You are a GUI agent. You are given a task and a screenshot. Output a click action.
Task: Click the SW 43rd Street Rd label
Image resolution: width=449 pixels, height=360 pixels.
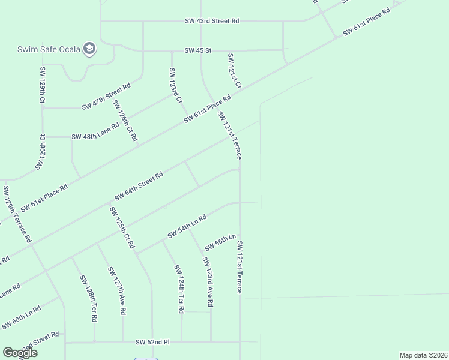tap(212, 21)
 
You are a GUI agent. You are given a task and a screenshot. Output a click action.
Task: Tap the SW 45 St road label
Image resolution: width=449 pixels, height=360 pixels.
tap(198, 50)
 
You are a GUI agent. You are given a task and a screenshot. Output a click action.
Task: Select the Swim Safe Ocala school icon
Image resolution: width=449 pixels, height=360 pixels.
tap(89, 49)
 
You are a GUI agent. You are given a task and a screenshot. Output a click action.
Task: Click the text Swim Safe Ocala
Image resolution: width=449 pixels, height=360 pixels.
tap(48, 49)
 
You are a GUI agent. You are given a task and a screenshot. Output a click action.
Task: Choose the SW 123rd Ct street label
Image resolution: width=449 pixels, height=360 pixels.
tap(175, 86)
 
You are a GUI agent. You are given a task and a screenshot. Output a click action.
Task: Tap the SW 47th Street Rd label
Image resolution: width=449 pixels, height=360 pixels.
tap(106, 97)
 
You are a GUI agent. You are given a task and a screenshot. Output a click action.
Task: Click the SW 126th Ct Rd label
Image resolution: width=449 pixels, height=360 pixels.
tap(125, 121)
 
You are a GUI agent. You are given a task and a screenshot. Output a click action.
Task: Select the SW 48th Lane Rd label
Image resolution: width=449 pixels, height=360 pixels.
tap(95, 137)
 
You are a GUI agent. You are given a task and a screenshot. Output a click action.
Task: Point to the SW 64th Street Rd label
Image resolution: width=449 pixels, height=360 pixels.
tap(139, 187)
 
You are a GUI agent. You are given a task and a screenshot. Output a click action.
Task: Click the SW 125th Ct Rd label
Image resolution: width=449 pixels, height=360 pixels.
tap(122, 228)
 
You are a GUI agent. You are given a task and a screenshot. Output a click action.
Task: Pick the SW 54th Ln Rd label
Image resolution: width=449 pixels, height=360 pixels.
tap(187, 226)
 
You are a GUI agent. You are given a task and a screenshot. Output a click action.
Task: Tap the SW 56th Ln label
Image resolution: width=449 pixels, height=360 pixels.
tap(220, 243)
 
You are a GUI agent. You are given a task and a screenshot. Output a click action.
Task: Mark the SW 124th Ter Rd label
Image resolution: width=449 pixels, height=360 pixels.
tap(179, 289)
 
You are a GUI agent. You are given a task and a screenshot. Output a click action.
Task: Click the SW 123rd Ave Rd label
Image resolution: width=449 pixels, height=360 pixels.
tap(207, 282)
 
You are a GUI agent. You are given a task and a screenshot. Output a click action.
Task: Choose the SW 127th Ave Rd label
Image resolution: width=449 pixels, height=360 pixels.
tap(116, 291)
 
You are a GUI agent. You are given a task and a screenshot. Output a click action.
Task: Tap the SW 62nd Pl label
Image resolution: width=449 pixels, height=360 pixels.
tap(152, 342)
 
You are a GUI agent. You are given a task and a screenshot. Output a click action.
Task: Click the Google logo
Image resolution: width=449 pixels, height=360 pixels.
tap(20, 353)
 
